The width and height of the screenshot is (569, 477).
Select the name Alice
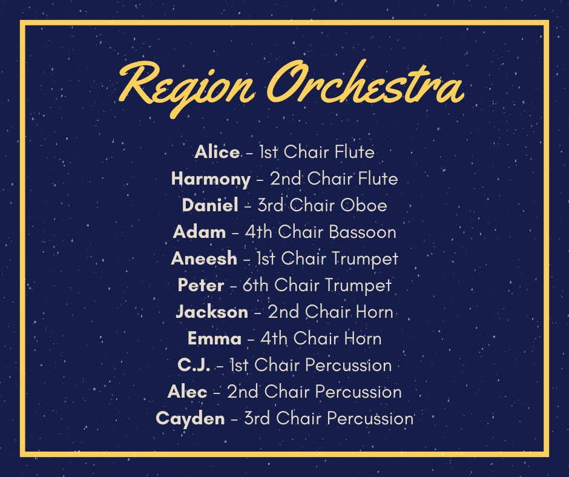point(217,152)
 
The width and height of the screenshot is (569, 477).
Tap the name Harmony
point(211,179)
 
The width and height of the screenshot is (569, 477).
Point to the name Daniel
point(210,205)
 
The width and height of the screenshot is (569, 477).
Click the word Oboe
point(364,205)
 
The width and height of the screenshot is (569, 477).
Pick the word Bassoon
point(367,232)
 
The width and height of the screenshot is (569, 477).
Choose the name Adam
point(199,232)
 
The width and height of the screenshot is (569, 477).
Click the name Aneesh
point(204,258)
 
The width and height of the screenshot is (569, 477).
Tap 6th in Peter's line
point(257,285)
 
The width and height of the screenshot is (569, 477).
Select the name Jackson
point(212,312)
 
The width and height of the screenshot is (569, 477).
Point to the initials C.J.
point(194,365)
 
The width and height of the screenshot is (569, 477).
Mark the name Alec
point(187,392)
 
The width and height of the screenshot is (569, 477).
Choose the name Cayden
point(190,418)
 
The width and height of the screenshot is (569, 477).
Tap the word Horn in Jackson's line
point(373,312)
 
